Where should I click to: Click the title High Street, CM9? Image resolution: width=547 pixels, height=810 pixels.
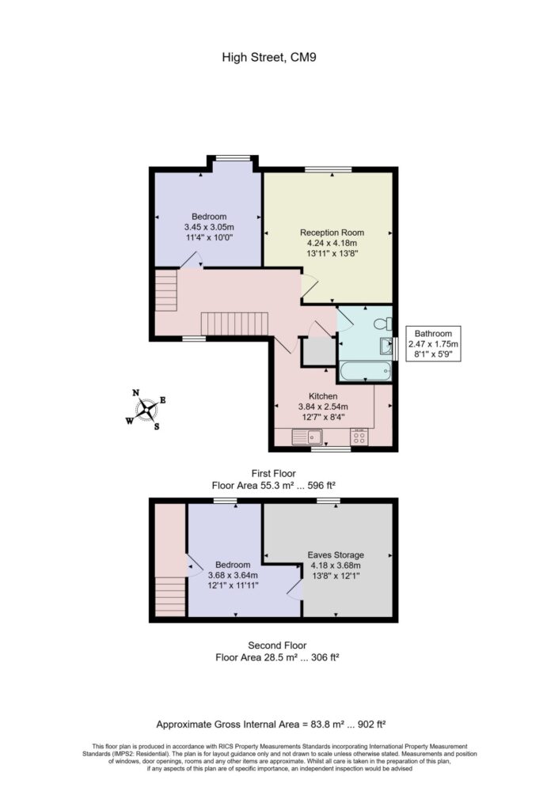273,57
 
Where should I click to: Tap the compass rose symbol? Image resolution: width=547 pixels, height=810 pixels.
146,409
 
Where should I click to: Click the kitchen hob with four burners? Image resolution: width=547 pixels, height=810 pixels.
359,436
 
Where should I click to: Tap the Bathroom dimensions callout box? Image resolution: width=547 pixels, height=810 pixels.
433,344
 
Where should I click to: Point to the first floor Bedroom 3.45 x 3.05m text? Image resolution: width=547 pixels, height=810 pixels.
209,227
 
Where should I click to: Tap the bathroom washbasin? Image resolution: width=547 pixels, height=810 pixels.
386,346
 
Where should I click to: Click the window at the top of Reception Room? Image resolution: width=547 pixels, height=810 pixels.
329,168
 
